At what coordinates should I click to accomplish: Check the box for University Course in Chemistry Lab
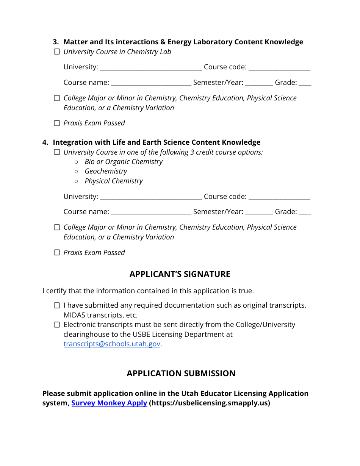57,52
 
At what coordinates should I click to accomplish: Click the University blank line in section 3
151,68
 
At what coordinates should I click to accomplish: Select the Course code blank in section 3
279,68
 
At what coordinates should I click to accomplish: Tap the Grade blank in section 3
305,83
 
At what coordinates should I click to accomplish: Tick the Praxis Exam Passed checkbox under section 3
57,123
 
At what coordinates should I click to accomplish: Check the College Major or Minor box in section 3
57,98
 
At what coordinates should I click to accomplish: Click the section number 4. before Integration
45,142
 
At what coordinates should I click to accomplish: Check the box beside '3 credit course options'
57,152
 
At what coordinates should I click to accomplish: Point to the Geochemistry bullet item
106,171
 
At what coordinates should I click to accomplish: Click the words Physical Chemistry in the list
114,181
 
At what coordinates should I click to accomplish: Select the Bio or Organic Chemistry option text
124,162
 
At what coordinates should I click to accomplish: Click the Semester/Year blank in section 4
259,213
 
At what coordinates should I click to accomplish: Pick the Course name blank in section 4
151,213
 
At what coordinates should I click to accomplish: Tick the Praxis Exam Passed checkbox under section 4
57,253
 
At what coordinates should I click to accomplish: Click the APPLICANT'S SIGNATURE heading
180,274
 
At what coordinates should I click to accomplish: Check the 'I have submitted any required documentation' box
57,305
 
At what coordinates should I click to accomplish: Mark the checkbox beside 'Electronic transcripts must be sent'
57,325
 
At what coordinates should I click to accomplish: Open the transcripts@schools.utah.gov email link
112,344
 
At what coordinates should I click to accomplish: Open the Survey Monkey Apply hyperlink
109,403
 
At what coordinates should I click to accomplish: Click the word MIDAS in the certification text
74,315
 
